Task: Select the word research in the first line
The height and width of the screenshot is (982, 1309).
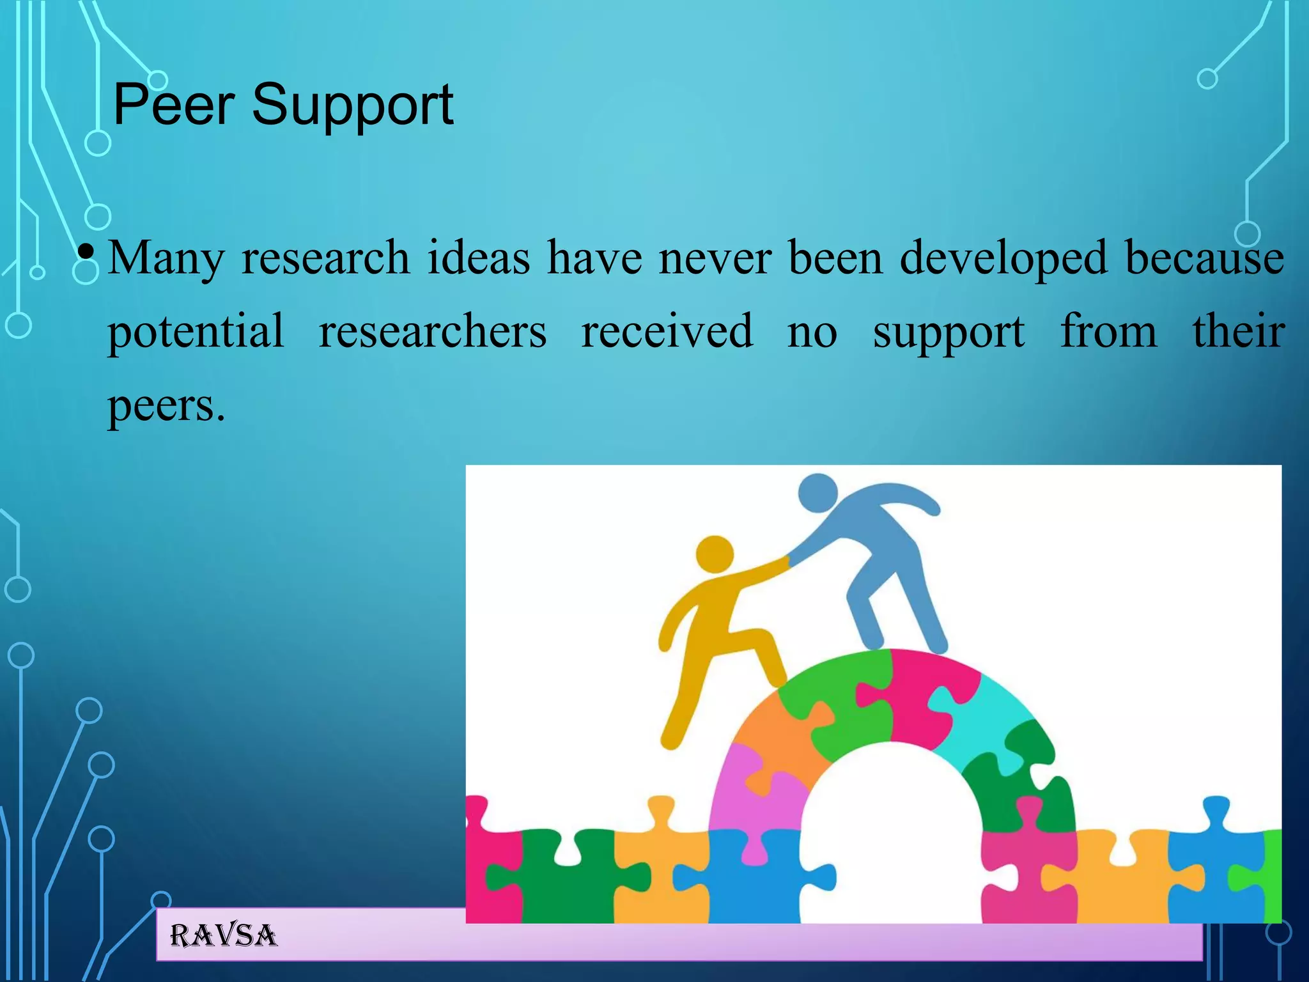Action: pos(325,257)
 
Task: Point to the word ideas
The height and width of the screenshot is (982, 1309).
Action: pos(479,257)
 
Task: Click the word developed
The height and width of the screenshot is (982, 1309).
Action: pos(1003,258)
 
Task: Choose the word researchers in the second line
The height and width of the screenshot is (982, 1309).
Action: pos(433,331)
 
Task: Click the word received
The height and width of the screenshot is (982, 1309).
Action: pos(667,331)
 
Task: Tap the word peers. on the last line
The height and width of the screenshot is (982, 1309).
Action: pos(166,406)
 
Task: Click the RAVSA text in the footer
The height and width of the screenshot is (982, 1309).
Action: pos(223,935)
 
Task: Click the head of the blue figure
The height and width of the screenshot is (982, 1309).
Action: pos(817,492)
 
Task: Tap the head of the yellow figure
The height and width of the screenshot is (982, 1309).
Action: pos(714,554)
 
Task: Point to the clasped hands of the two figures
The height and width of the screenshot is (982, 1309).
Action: pos(787,561)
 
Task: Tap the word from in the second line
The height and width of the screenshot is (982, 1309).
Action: pos(1108,331)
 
